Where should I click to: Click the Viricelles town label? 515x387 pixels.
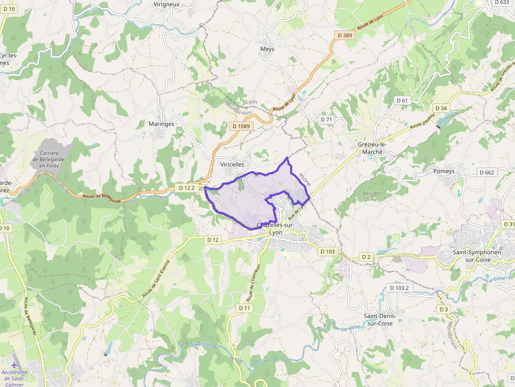click(x=232, y=164)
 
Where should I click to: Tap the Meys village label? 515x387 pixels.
click(x=267, y=49)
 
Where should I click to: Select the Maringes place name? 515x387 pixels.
click(x=161, y=124)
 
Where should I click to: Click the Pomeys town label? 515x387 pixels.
click(x=444, y=171)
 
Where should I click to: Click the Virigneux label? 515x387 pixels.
click(x=167, y=4)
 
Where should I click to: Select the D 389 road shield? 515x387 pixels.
click(x=344, y=35)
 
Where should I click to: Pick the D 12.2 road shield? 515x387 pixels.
click(x=187, y=187)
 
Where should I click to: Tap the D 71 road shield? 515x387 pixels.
click(x=327, y=119)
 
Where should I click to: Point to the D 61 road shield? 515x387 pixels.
click(x=402, y=100)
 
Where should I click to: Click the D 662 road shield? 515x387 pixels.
click(x=487, y=172)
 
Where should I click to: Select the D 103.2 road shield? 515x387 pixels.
click(x=399, y=288)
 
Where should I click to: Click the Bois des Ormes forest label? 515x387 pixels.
click(x=372, y=196)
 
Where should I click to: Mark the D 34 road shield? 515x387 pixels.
click(x=441, y=108)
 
